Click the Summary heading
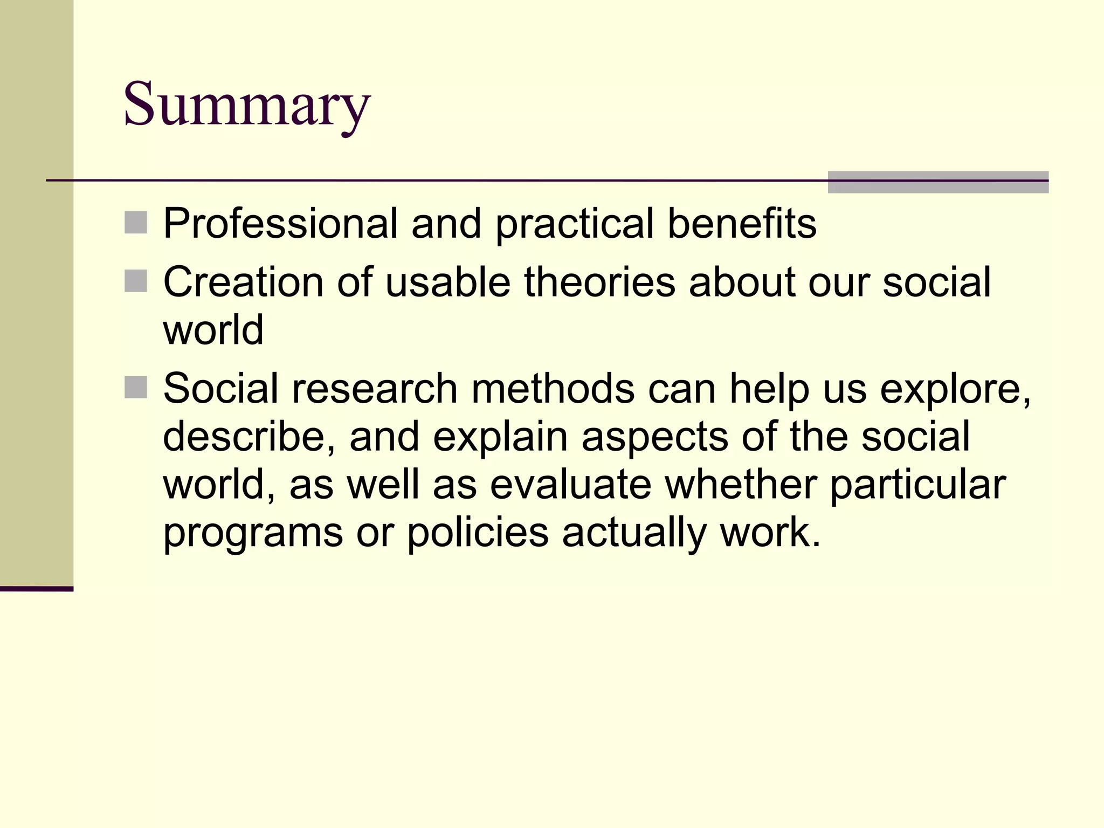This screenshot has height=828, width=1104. (247, 104)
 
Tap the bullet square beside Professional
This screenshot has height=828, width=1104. (136, 223)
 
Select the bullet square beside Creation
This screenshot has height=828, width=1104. (136, 281)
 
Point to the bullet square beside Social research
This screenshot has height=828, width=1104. (136, 387)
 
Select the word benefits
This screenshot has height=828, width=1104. (742, 224)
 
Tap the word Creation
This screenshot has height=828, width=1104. (243, 282)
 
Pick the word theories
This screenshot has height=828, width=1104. (599, 282)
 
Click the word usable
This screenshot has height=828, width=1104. (447, 282)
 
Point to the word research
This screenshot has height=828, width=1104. (374, 389)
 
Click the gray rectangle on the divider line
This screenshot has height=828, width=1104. (938, 182)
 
